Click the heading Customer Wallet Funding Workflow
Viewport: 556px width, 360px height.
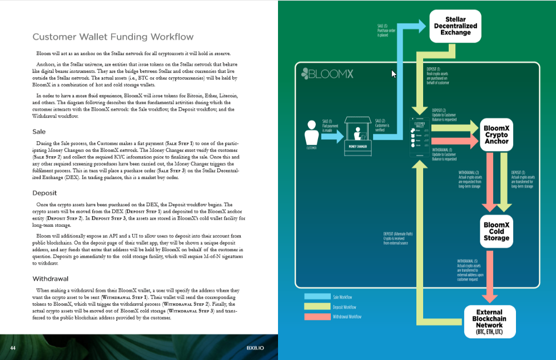tap(113, 37)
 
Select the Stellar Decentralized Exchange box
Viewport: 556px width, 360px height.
tap(455, 25)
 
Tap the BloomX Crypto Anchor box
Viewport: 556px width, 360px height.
tap(496, 134)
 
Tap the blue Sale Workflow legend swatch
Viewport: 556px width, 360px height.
tap(316, 297)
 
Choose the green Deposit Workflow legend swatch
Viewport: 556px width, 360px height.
tap(316, 307)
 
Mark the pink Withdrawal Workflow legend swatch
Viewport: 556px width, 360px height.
tap(316, 317)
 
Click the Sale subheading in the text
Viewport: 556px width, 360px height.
tap(39, 132)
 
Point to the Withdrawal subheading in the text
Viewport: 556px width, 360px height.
tap(51, 278)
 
